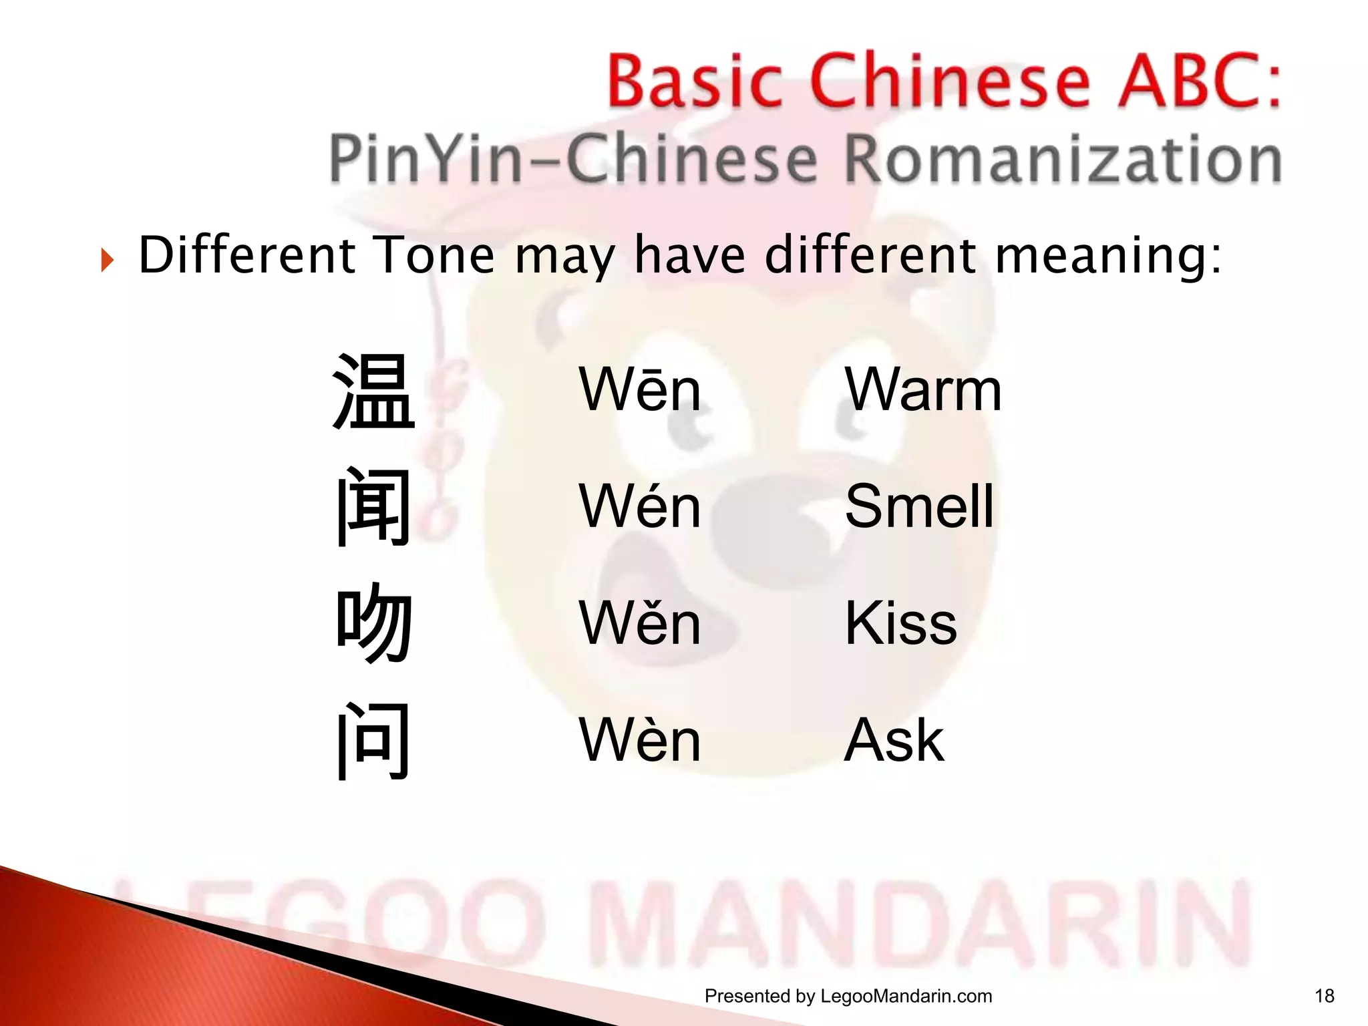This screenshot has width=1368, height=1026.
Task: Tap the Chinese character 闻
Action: pos(373,507)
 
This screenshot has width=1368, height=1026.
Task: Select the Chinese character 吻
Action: pos(373,623)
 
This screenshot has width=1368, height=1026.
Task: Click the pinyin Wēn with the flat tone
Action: pos(640,390)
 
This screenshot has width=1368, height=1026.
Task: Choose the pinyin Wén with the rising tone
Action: pos(640,506)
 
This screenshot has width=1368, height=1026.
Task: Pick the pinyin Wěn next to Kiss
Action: pos(640,623)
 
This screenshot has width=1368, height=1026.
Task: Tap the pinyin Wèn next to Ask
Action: pos(640,739)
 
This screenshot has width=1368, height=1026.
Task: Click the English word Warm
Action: pos(923,390)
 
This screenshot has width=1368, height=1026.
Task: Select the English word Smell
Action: pos(919,506)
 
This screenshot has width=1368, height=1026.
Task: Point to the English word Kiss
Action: pos(900,623)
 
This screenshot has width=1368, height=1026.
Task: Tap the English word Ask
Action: pos(894,739)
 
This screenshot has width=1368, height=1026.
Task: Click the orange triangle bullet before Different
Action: pos(108,259)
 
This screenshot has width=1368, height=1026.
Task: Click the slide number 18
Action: pos(1324,997)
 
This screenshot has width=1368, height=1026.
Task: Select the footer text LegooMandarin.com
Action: pos(906,997)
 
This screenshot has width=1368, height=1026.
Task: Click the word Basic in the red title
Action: pos(695,81)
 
